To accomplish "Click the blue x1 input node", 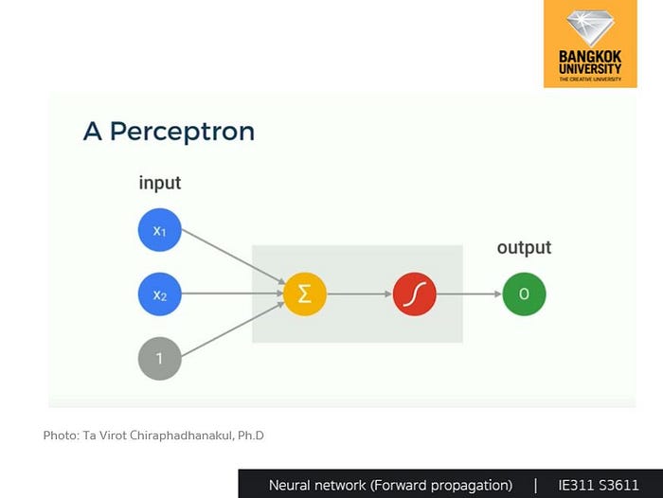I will click(159, 231).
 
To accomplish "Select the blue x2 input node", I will click(159, 295).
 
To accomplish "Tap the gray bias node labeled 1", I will click(159, 359).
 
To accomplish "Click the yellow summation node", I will click(304, 295).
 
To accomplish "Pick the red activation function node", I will click(414, 295).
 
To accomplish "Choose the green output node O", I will click(524, 295).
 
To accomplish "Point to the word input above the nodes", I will click(159, 183).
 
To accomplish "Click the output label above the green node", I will click(524, 248).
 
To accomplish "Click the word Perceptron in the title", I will click(182, 132).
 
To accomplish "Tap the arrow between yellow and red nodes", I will click(359, 295).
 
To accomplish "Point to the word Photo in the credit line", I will click(60, 436).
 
